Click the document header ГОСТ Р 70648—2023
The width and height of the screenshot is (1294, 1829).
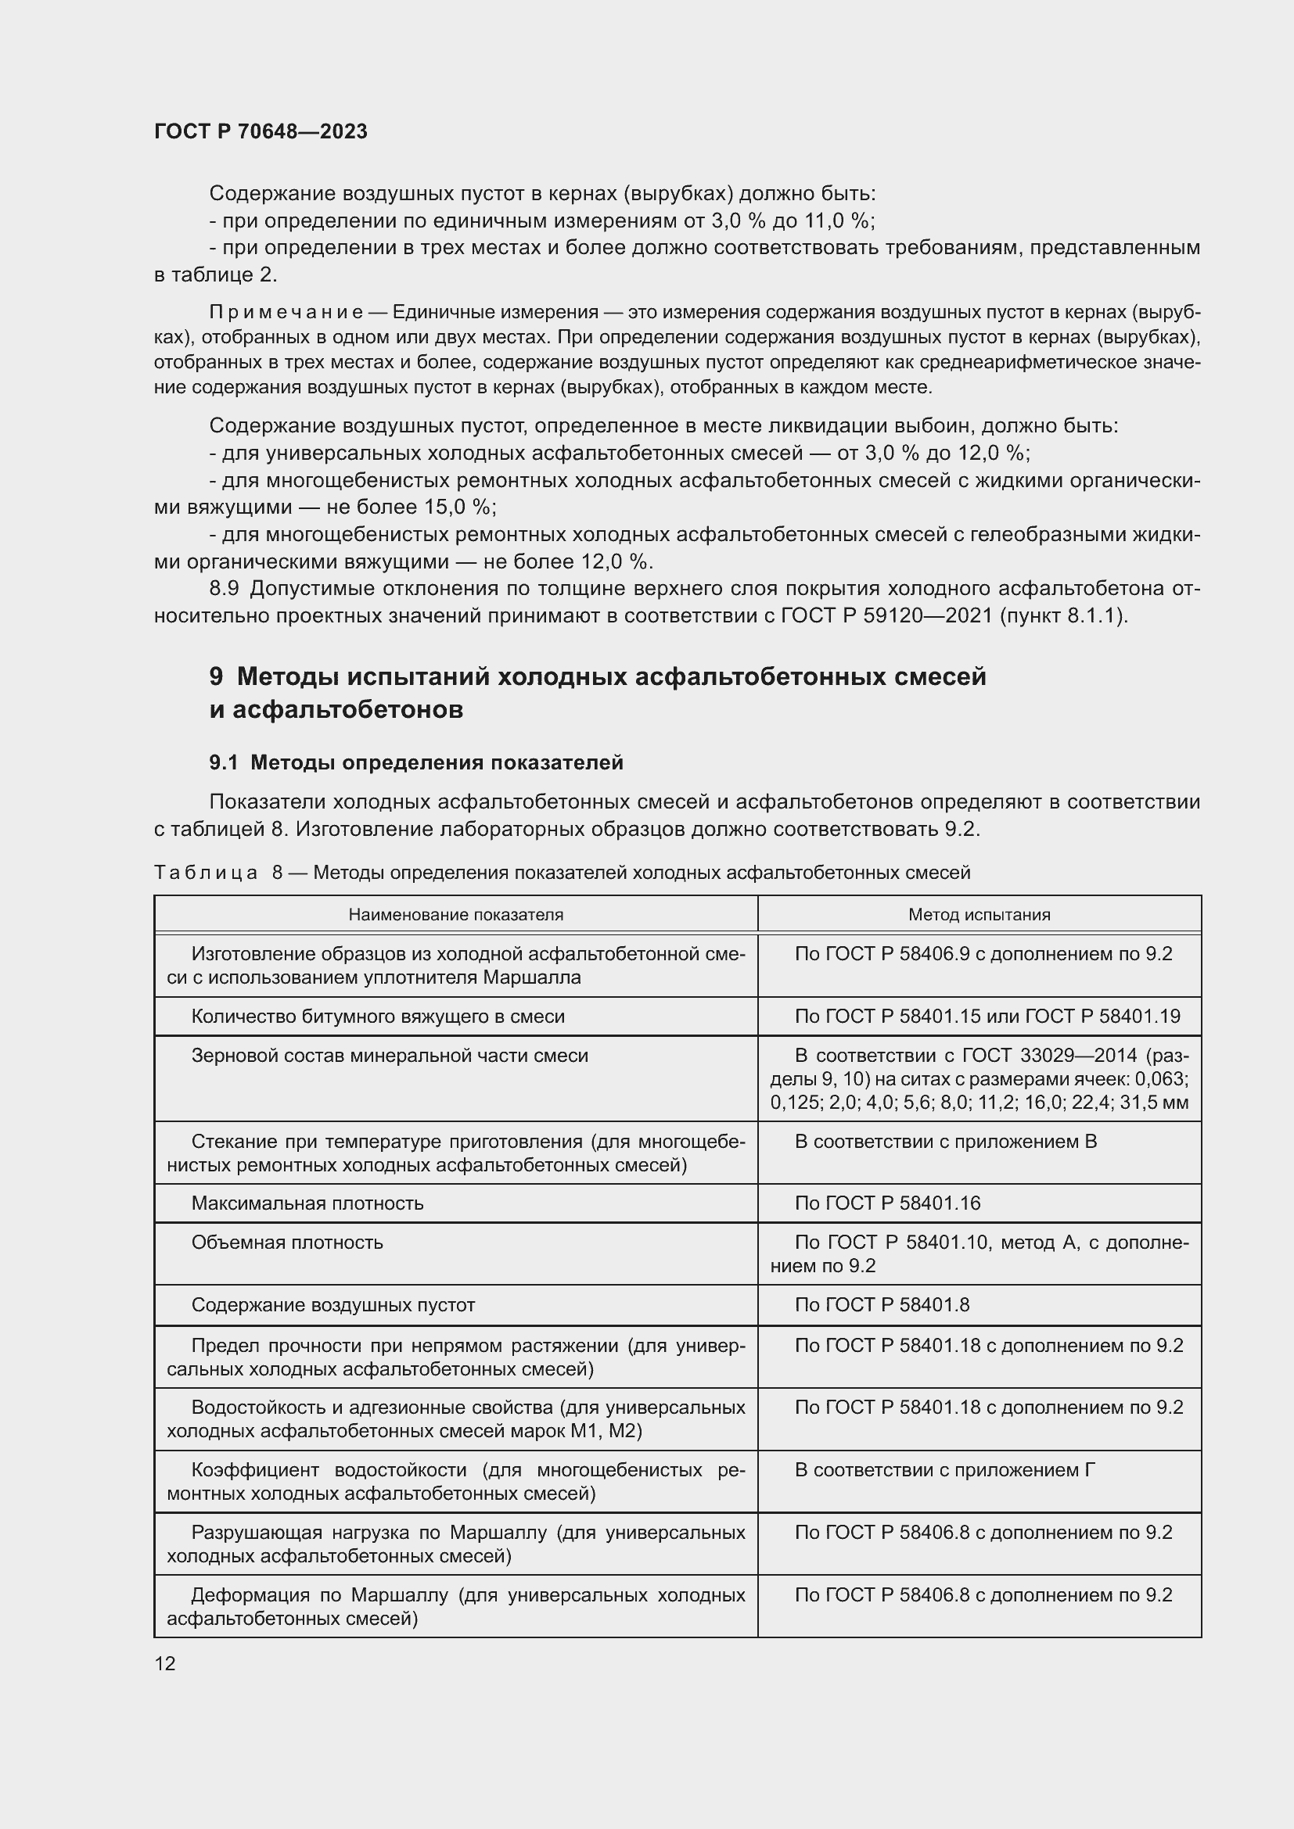click(261, 131)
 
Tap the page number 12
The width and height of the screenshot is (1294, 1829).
click(165, 1663)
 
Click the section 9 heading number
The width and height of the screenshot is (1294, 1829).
click(216, 676)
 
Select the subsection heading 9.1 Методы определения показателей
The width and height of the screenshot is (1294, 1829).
click(416, 762)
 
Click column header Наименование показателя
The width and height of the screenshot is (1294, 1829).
click(456, 915)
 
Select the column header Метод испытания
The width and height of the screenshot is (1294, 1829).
click(979, 915)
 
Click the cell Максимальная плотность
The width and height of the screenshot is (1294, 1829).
click(307, 1203)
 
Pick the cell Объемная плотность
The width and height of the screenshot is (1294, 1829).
click(287, 1242)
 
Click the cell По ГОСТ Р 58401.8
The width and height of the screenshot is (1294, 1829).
click(881, 1305)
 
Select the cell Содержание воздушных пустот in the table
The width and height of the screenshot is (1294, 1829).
click(333, 1305)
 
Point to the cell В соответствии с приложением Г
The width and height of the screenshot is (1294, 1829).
click(944, 1470)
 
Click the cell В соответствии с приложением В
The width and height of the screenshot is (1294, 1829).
click(945, 1142)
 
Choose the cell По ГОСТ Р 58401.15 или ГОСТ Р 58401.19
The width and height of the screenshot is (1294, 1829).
click(987, 1017)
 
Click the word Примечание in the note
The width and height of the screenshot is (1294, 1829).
click(286, 311)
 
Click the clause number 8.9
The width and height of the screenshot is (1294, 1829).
click(224, 589)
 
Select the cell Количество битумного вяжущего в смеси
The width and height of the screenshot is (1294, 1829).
click(378, 1017)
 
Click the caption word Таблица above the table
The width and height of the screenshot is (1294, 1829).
click(206, 873)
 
